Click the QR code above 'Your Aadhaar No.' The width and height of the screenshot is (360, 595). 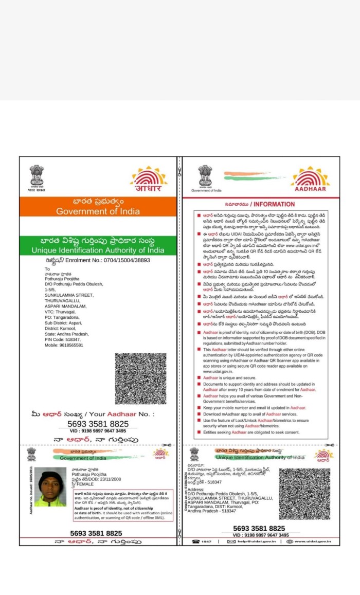coord(140,378)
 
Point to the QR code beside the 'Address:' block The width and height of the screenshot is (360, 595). coord(304,493)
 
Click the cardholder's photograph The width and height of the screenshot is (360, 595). coord(50,486)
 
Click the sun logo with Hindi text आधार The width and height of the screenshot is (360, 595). coord(149,179)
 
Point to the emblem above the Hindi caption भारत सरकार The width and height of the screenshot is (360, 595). coord(37,176)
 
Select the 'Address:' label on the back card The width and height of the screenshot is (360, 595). coord(196,489)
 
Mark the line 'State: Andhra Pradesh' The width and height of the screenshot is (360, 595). coord(66,334)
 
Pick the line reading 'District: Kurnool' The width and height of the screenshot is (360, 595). coord(61,328)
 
